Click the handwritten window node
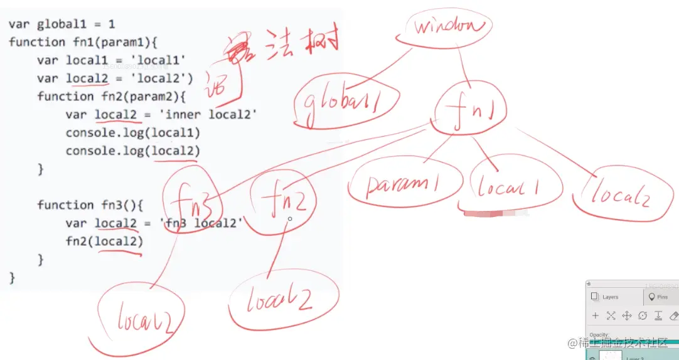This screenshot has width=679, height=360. (x=449, y=27)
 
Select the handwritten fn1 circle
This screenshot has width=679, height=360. (x=469, y=110)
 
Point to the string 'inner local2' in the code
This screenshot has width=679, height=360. (x=211, y=115)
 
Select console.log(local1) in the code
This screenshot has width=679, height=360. (x=132, y=133)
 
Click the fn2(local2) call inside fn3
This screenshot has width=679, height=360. (x=104, y=241)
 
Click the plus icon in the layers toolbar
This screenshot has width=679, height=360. (x=596, y=315)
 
